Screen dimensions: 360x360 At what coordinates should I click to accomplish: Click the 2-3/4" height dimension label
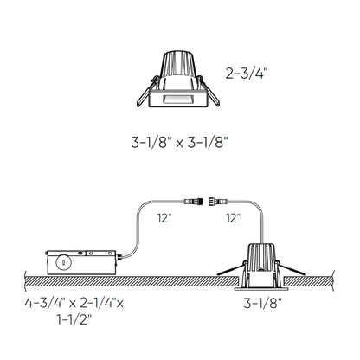pyautogui.click(x=247, y=74)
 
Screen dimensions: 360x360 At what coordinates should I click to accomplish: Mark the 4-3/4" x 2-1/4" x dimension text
pyautogui.click(x=74, y=303)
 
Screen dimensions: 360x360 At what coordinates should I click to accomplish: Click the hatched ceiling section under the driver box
pyautogui.click(x=69, y=281)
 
